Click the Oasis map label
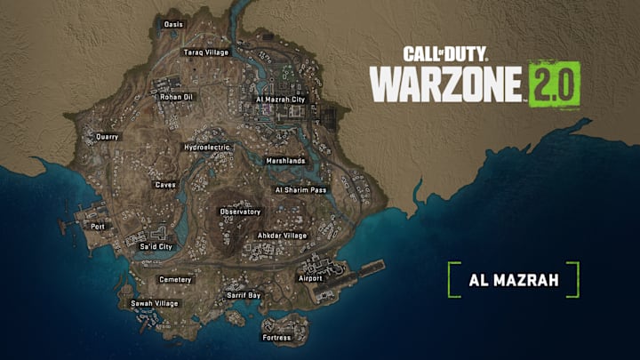point(174,24)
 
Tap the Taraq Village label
point(206,52)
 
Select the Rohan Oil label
point(175,98)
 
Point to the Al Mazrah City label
point(280,100)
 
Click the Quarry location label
point(108,137)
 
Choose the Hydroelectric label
point(207,147)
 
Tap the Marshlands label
point(285,161)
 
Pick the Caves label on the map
point(165,186)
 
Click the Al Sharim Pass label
point(301,189)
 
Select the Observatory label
point(241,212)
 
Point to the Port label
point(98,227)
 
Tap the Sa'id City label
point(156,246)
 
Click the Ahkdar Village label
point(282,236)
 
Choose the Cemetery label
point(175,279)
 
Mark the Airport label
point(310,278)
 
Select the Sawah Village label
point(155,303)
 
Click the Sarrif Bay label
point(243,294)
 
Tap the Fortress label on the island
point(276,338)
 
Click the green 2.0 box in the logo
point(555,84)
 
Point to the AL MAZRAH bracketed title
point(514,279)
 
